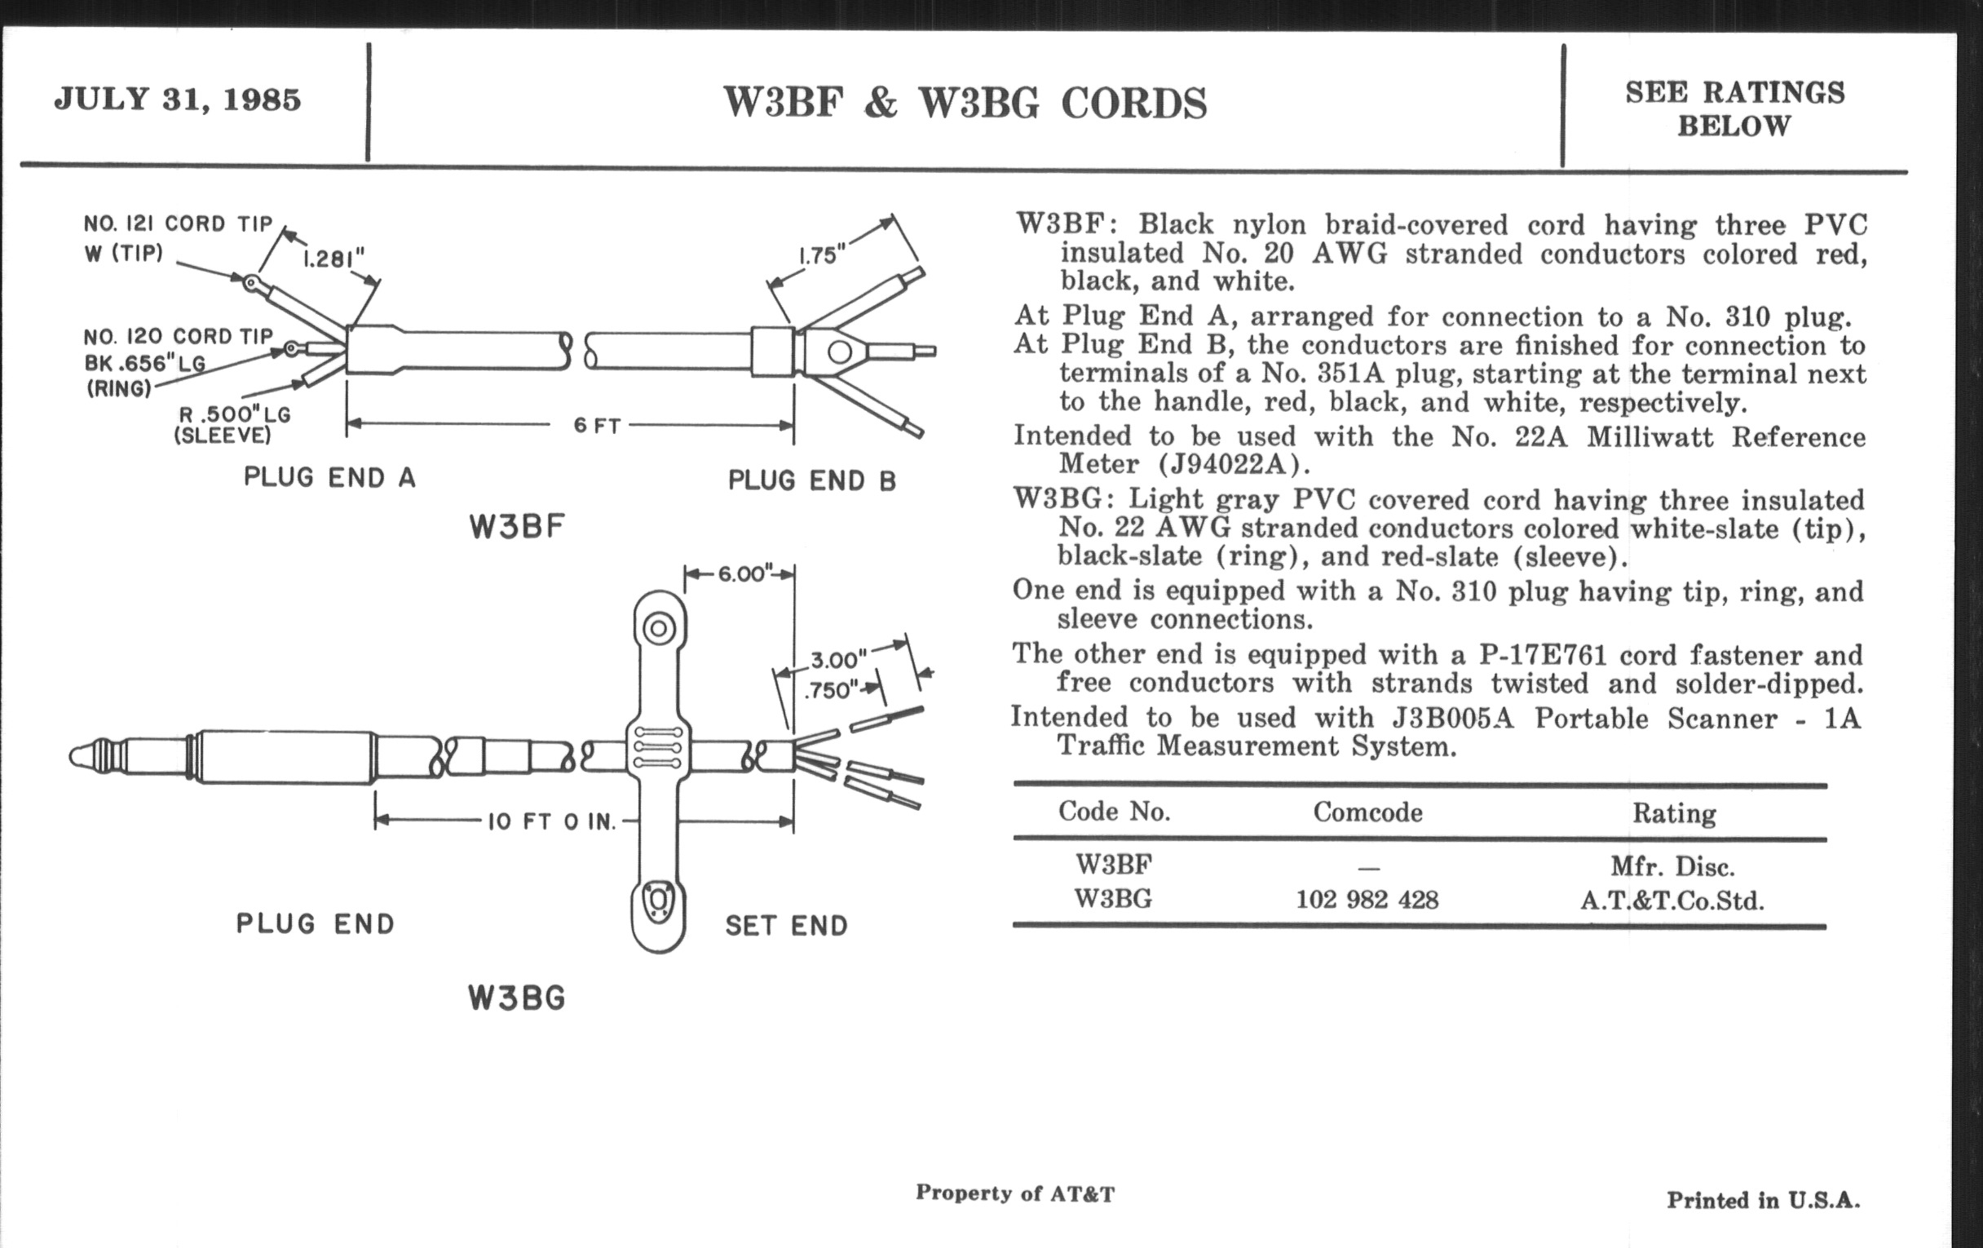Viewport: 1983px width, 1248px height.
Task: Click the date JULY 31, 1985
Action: coord(178,100)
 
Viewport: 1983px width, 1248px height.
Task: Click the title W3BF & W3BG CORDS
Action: coord(965,104)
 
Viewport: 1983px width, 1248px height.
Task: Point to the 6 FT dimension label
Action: coord(597,426)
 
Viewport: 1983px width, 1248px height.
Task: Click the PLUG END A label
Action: coord(329,478)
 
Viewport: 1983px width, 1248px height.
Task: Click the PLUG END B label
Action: coord(811,480)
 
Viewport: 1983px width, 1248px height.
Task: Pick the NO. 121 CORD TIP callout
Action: coord(178,224)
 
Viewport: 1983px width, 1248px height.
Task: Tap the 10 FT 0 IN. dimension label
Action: coord(552,821)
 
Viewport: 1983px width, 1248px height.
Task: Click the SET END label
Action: coord(786,926)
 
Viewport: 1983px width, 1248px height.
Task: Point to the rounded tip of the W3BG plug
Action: coord(80,756)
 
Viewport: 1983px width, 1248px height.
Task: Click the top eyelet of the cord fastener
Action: coord(658,630)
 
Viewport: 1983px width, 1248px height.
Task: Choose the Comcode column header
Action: coord(1367,812)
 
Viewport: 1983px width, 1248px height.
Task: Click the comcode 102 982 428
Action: coord(1367,900)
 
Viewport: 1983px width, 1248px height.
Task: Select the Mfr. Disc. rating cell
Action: coord(1672,866)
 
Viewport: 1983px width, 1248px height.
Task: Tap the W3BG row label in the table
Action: coord(1113,899)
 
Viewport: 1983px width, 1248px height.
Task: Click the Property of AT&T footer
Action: coord(1014,1193)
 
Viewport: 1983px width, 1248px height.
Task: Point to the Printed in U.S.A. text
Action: coord(1763,1200)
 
